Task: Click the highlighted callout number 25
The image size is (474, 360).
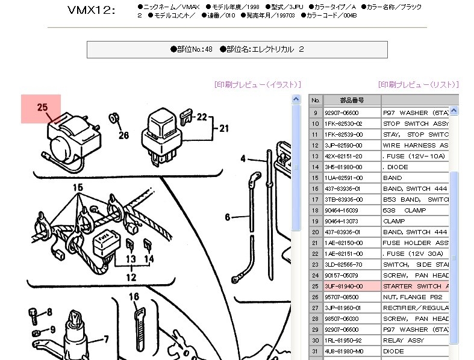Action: pos(42,108)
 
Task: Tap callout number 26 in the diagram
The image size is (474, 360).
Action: pos(123,135)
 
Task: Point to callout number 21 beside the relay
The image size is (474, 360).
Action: pos(224,128)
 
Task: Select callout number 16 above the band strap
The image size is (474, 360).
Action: pos(134,296)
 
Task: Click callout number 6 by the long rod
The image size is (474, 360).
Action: pos(228,217)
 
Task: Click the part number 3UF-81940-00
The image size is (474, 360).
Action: pos(343,286)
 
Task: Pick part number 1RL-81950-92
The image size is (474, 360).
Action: pos(343,340)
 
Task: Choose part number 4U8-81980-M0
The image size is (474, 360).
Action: pos(343,351)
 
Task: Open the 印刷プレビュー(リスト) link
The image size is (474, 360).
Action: pos(418,85)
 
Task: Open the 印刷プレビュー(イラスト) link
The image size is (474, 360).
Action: pos(257,85)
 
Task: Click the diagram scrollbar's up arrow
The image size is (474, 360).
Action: pos(296,99)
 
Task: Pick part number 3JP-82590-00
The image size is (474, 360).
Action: pos(343,145)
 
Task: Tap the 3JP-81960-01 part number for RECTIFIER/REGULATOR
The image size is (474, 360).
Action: pos(343,308)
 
